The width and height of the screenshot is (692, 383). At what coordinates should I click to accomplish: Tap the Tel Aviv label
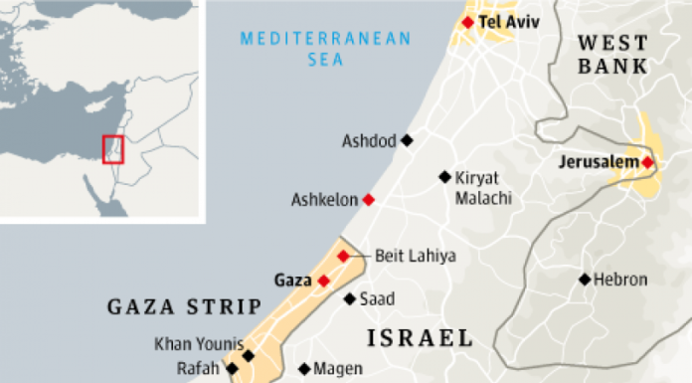[x=503, y=21]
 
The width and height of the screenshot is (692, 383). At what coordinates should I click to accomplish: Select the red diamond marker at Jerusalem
[x=647, y=162]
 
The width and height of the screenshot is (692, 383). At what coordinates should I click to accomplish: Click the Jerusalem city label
[x=599, y=162]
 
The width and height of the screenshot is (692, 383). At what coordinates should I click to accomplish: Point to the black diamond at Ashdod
[x=406, y=140]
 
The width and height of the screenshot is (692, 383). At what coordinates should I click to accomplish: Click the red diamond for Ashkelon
[x=369, y=200]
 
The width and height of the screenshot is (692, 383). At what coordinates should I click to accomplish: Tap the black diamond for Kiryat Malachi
[x=444, y=177]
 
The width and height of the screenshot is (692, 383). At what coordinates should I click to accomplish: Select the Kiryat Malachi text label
[x=482, y=188]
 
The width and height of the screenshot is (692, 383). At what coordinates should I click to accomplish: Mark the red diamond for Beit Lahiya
[x=343, y=257]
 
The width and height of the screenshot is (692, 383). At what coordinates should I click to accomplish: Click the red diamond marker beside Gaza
[x=323, y=281]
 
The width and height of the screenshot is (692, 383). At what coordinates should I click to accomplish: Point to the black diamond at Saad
[x=349, y=298]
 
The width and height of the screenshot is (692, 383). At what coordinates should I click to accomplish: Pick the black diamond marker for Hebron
[x=585, y=280]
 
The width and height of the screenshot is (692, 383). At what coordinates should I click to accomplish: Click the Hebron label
[x=619, y=281]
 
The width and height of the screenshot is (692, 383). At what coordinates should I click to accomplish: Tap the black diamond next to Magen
[x=303, y=368]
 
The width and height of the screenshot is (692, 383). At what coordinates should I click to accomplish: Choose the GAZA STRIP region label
[x=184, y=305]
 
